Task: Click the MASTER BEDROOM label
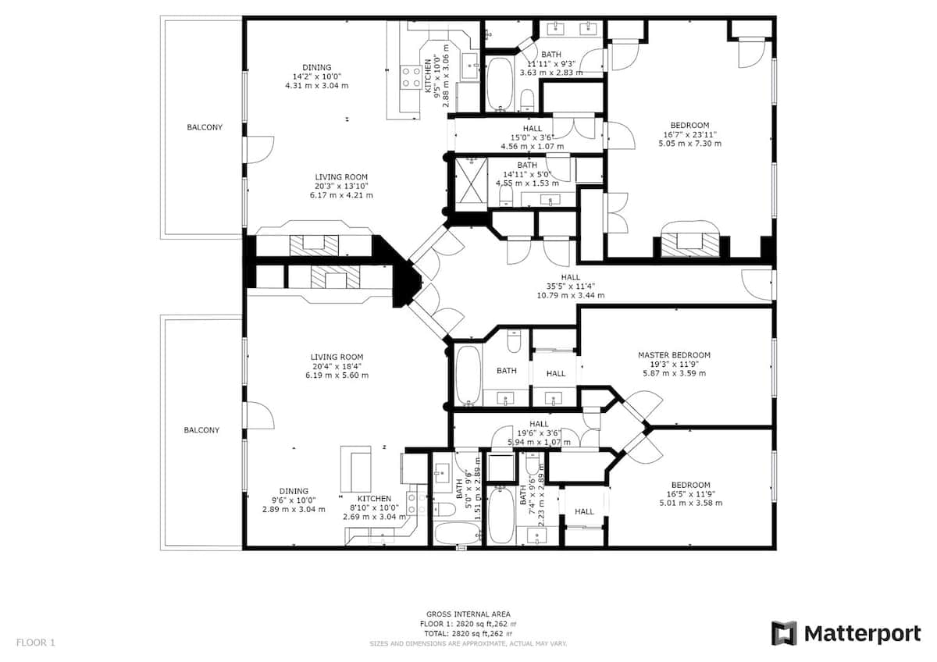(x=674, y=355)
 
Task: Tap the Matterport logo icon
(x=784, y=634)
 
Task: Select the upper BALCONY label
(x=205, y=127)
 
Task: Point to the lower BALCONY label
(x=201, y=430)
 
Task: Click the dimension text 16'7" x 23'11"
(x=689, y=134)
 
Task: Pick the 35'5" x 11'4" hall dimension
(x=571, y=286)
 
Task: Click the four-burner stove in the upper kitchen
(x=411, y=77)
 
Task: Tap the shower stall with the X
(x=471, y=184)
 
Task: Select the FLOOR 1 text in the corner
(x=36, y=642)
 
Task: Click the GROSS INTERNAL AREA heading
(x=468, y=614)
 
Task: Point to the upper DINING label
(x=317, y=67)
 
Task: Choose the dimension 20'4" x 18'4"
(x=337, y=366)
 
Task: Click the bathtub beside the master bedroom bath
(x=468, y=375)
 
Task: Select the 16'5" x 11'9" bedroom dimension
(x=690, y=494)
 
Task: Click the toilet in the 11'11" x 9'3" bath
(x=528, y=100)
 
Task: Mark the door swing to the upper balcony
(x=260, y=149)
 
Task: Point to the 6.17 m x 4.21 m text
(x=341, y=195)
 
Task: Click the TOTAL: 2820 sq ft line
(x=468, y=633)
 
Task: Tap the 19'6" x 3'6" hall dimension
(x=539, y=433)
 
